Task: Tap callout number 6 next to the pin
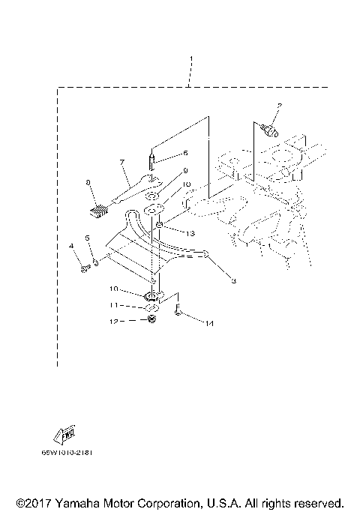tap(184, 152)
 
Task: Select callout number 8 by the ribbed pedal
tap(88, 181)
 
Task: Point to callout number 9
tap(184, 171)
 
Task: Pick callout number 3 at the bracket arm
tap(233, 281)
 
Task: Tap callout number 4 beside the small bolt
tap(73, 246)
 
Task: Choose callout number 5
tap(87, 239)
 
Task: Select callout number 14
tap(209, 323)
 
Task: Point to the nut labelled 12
tap(151, 321)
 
